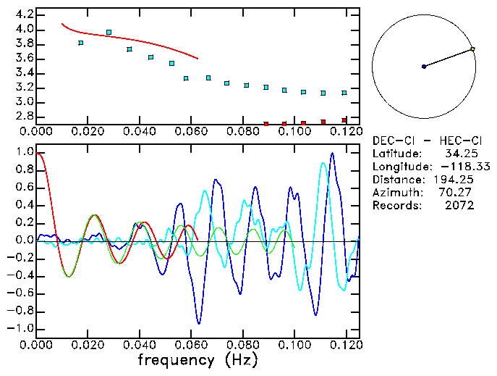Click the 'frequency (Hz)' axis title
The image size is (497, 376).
click(x=197, y=359)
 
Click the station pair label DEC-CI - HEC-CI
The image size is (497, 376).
click(x=428, y=141)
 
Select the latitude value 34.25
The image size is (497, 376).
click(x=459, y=154)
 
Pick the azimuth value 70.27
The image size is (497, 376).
click(x=459, y=193)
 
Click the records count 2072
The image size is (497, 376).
click(x=459, y=206)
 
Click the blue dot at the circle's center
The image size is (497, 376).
click(x=424, y=67)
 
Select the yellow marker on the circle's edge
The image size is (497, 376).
click(x=472, y=49)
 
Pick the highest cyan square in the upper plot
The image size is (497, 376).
click(x=109, y=33)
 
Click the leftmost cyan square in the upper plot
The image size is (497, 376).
click(x=81, y=43)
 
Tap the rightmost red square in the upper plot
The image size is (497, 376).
click(x=344, y=120)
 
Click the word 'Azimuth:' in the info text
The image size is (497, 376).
click(x=395, y=193)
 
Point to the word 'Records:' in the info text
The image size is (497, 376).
click(x=395, y=206)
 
